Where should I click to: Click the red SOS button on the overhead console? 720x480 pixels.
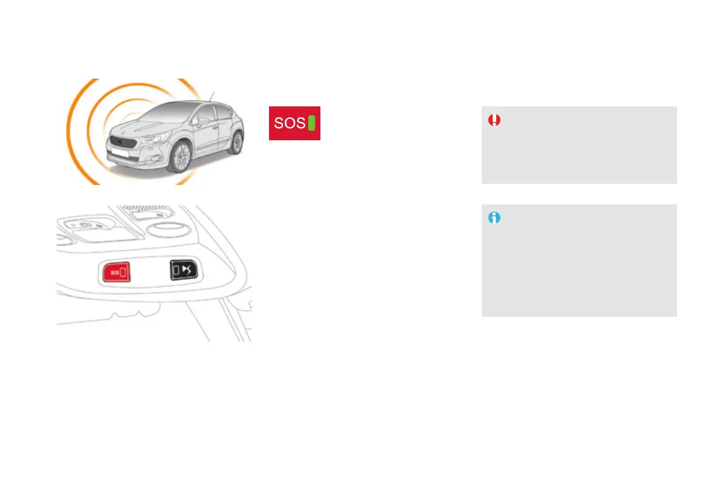[x=117, y=272]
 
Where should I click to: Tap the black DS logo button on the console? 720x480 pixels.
[x=185, y=269]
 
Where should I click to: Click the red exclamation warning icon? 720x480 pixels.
[x=495, y=120]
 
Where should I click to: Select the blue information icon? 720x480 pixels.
[x=495, y=218]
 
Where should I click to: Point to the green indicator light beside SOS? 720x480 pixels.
[x=312, y=123]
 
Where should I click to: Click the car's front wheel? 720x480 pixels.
[x=179, y=158]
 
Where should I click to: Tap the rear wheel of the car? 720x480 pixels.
[x=236, y=143]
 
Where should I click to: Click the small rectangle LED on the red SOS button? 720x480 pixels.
[x=125, y=272]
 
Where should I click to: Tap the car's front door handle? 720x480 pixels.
[x=215, y=128]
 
